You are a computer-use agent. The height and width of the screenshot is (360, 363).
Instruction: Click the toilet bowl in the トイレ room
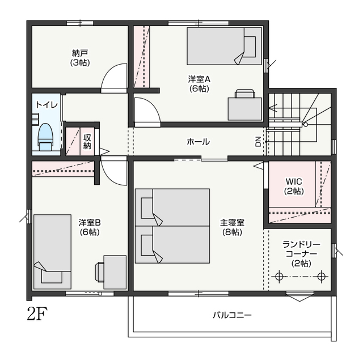pyautogui.click(x=45, y=137)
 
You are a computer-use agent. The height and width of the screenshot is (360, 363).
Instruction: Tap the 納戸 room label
pyautogui.click(x=80, y=54)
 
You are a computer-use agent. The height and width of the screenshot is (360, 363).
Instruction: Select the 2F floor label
pyautogui.click(x=37, y=314)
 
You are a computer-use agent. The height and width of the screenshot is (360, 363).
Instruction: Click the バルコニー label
pyautogui.click(x=232, y=315)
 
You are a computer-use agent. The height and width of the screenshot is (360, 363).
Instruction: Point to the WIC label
pyautogui.click(x=294, y=181)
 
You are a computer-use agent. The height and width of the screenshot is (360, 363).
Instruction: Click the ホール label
pyautogui.click(x=198, y=142)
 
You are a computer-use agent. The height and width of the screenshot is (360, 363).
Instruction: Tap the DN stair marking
pyautogui.click(x=258, y=142)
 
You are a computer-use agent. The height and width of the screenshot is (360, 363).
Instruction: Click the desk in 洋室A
pyautogui.click(x=244, y=109)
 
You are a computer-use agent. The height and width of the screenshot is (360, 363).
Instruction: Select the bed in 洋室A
pyautogui.click(x=225, y=46)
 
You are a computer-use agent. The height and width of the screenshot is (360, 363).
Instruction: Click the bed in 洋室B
pyautogui.click(x=52, y=252)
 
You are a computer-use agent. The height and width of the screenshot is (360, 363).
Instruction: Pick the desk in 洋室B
pyautogui.click(x=115, y=272)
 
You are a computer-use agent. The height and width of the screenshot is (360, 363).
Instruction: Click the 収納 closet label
pyautogui.click(x=87, y=142)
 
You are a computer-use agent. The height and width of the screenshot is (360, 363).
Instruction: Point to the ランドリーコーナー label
pyautogui.click(x=301, y=249)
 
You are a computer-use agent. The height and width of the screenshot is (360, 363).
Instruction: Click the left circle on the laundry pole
pyautogui.click(x=280, y=276)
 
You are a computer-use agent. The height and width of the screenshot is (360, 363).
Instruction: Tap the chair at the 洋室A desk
pyautogui.click(x=244, y=94)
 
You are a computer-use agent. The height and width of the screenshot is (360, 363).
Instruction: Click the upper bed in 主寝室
pyautogui.click(x=172, y=207)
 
